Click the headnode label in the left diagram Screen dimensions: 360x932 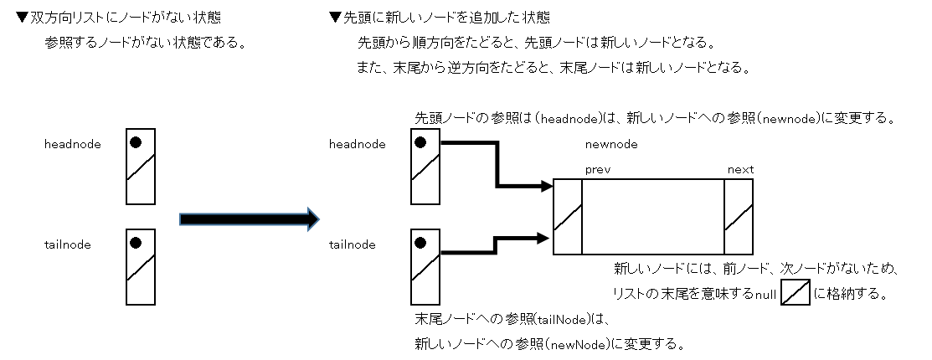73,144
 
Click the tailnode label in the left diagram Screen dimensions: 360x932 68,244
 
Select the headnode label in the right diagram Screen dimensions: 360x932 358,144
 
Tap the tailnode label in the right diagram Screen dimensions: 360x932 353,244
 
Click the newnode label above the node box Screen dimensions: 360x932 611,144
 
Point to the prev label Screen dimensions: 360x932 598,169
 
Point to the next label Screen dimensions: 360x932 740,169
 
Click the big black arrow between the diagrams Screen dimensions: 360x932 250,219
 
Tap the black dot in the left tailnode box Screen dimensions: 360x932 136,243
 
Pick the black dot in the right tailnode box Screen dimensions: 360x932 420,243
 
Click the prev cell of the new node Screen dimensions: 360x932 568,216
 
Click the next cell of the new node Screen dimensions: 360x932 739,216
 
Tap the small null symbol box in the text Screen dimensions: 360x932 795,293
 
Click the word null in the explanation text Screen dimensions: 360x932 765,294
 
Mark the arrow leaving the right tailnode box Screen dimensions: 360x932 494,244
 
